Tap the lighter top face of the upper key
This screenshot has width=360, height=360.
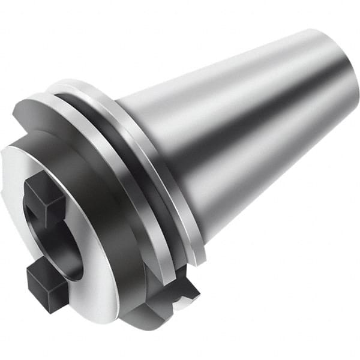tap(45, 183)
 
